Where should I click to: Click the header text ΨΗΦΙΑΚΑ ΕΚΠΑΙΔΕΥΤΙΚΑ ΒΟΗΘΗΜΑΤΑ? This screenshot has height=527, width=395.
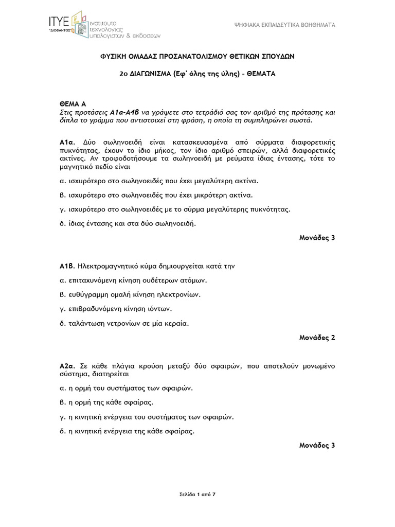[x=285, y=24]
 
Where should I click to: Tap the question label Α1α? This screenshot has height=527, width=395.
[x=67, y=142]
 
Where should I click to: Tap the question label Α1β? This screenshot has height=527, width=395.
[x=67, y=267]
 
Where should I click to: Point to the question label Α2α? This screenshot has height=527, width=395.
[x=68, y=365]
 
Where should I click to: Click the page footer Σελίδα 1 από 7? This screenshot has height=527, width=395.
[x=197, y=495]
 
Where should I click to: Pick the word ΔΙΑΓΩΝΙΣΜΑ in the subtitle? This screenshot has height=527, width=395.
[x=152, y=74]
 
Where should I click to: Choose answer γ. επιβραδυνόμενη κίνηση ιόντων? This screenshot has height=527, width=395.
[x=122, y=309]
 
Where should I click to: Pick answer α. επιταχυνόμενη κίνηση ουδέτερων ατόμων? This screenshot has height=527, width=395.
[x=133, y=280]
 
